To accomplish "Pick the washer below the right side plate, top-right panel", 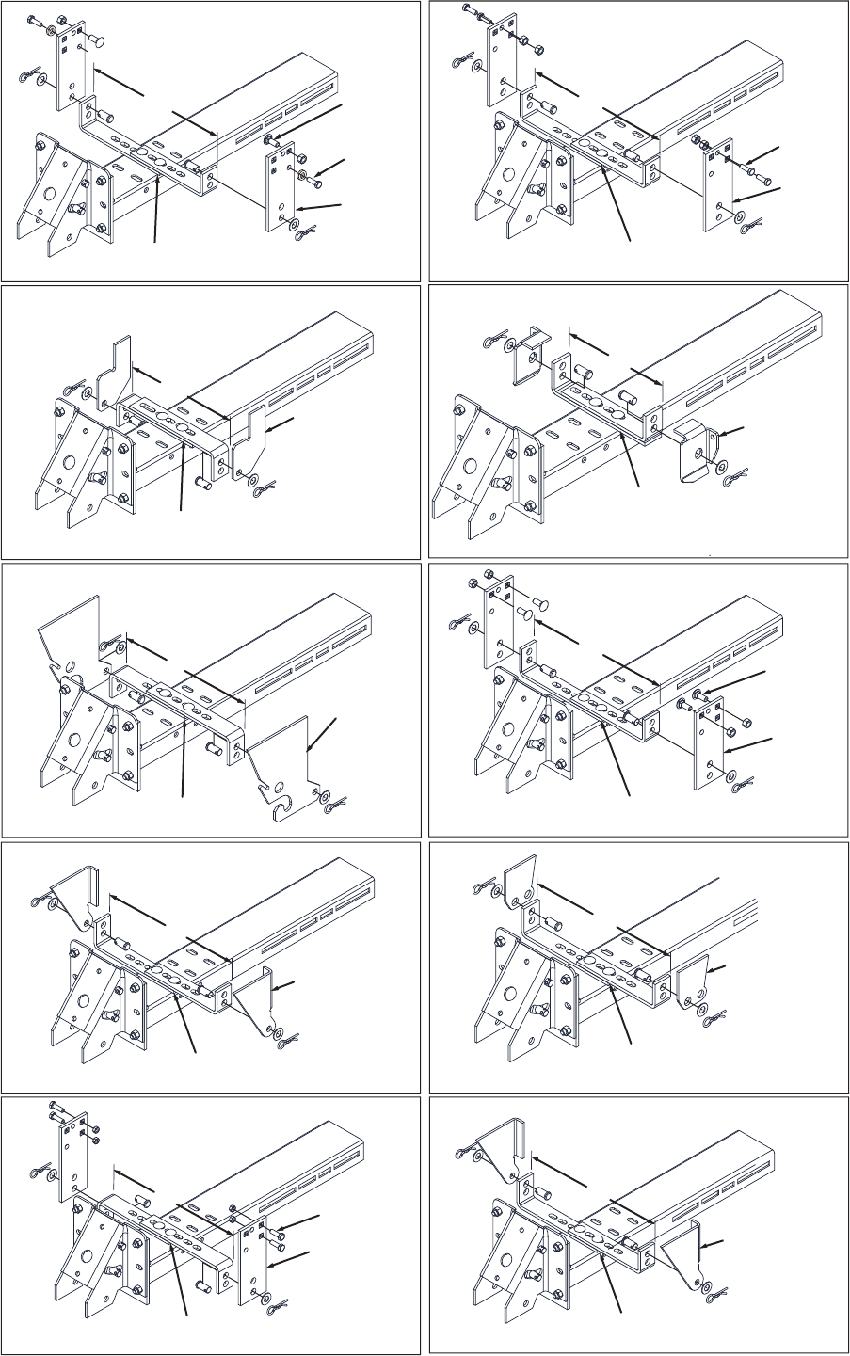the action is [738, 218].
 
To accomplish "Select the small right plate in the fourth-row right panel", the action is [694, 980].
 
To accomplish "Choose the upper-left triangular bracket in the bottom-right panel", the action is [501, 1148].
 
